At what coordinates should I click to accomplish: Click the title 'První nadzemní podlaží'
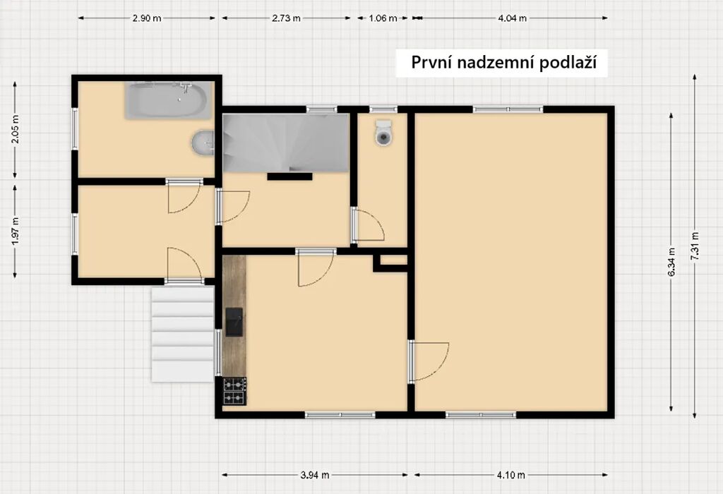(503, 62)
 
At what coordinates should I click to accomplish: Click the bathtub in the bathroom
(168, 100)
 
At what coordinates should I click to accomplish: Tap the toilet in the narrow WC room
(383, 133)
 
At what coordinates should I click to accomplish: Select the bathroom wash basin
(203, 142)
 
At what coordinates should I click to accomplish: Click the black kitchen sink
(234, 322)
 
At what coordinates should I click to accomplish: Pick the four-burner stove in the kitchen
(234, 391)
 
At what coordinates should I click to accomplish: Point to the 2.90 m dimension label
(147, 18)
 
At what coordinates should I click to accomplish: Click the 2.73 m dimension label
(286, 18)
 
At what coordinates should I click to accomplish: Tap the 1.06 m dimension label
(383, 18)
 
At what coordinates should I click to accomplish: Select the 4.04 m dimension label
(512, 18)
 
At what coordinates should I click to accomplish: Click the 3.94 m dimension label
(315, 475)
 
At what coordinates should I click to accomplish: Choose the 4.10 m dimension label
(511, 475)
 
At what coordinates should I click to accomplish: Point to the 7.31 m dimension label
(695, 246)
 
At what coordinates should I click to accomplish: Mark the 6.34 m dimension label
(671, 262)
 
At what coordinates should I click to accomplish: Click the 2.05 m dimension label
(16, 128)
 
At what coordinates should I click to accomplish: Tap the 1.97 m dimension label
(16, 231)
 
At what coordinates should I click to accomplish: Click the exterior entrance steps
(183, 334)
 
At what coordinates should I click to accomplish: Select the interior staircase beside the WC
(286, 143)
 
